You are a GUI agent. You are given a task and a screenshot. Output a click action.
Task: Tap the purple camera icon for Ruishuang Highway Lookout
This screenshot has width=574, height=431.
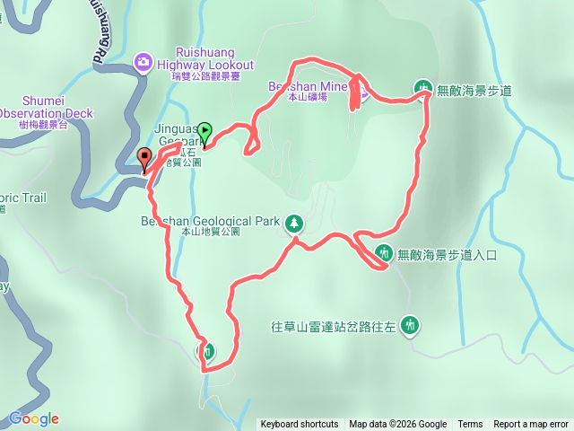click(143, 61)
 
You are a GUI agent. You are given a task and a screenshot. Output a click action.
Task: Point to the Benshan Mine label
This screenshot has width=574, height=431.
click(305, 86)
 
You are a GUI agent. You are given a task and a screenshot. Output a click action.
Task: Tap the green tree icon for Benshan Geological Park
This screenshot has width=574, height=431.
click(294, 222)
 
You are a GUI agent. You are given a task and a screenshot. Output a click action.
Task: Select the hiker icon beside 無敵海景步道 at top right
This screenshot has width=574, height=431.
click(422, 89)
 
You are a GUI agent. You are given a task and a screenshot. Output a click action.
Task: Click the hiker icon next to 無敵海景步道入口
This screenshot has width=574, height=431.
click(383, 254)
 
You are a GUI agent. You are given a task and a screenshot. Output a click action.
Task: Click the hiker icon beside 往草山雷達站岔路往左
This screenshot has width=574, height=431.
click(411, 323)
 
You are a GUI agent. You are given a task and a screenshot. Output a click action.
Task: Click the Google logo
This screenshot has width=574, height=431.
click(34, 418)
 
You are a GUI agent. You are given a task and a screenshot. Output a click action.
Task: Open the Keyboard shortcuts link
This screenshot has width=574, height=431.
click(300, 425)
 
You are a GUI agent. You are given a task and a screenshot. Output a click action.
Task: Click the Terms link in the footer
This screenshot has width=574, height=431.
click(470, 425)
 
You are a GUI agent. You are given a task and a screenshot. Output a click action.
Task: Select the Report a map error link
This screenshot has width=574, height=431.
click(531, 425)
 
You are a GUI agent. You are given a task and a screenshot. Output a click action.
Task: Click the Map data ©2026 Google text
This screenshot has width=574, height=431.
click(398, 425)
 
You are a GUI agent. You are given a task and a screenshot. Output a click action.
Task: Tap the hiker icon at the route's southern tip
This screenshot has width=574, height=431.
click(207, 351)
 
